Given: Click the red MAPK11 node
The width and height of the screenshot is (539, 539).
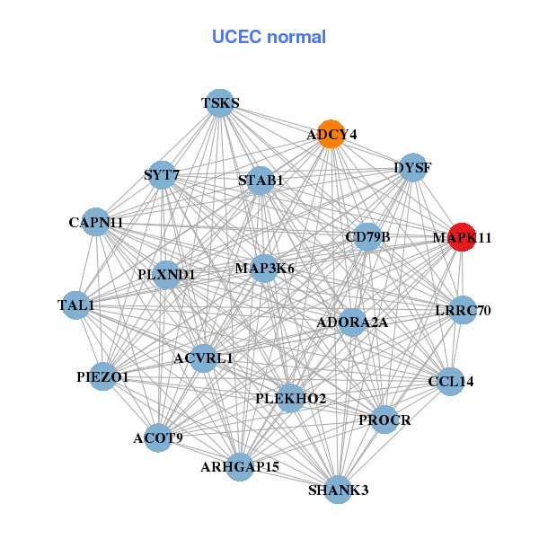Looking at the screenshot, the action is click(x=461, y=237).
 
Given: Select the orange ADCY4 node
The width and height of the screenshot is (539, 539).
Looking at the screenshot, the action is click(x=331, y=134).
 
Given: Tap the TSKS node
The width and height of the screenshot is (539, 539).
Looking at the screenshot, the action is click(x=220, y=103).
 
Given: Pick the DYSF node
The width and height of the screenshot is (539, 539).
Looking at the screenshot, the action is click(x=412, y=168).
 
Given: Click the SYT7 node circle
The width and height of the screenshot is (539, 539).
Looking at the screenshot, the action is click(x=162, y=174).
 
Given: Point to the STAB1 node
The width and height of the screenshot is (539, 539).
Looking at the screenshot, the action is click(x=261, y=181).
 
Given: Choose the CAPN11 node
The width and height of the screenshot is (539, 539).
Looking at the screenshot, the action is click(x=96, y=222).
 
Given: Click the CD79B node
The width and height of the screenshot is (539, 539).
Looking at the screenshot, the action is click(x=367, y=237).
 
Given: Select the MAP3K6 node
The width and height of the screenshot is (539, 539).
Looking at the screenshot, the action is click(x=264, y=268).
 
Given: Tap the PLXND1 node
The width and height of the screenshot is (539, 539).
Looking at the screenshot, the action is click(x=167, y=274).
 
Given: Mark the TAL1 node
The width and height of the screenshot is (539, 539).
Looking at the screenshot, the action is click(x=76, y=305).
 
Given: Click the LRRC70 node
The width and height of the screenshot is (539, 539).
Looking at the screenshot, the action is click(x=463, y=311).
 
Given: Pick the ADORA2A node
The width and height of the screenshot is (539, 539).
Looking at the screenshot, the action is click(x=352, y=322).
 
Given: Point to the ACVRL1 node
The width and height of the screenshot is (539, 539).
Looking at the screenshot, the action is click(x=204, y=358).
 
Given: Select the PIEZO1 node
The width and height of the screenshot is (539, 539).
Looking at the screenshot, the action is click(x=102, y=377).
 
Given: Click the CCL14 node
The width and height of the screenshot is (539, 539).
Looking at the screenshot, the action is click(x=451, y=381).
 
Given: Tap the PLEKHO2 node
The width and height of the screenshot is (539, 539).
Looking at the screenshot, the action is click(x=290, y=398).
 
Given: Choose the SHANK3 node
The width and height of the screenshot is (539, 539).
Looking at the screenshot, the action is click(x=338, y=490).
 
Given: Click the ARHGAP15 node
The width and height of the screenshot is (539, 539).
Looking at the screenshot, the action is click(x=240, y=466).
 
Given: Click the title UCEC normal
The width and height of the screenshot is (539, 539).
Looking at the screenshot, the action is click(x=269, y=37).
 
